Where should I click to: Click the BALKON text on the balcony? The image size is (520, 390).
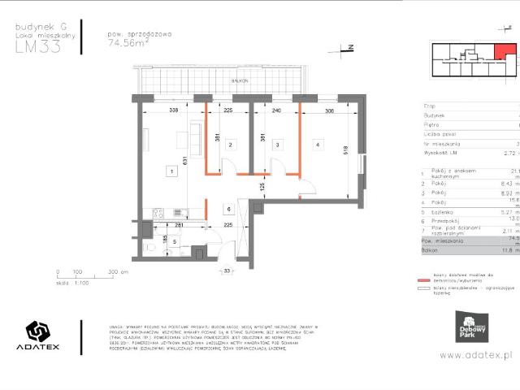coord(238,82)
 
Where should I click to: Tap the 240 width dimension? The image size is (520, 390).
coord(276,111)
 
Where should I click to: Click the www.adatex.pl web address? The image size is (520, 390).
coord(479,355)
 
